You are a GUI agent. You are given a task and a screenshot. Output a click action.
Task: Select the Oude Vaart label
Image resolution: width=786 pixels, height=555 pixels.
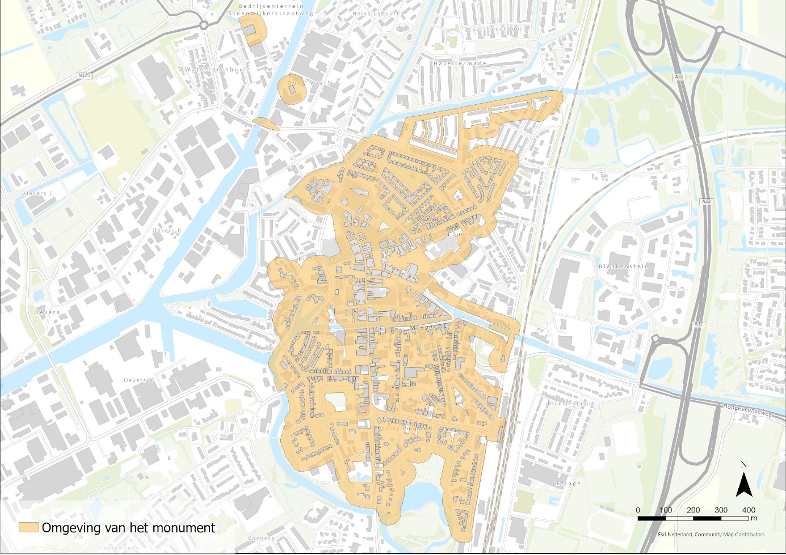308,83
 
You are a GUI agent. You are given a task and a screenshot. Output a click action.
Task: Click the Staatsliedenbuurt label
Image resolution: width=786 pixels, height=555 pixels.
495,28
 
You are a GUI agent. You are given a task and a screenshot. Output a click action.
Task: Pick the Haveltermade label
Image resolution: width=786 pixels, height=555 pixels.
460,63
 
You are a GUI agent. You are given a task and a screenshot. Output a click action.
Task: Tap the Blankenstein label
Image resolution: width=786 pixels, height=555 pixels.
623,266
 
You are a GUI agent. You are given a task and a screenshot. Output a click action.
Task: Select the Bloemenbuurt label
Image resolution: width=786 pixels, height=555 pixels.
571,404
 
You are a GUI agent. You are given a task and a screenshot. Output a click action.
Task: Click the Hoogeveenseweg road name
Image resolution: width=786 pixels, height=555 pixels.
747,410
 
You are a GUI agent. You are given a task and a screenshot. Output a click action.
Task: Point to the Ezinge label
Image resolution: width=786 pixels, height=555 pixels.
568,484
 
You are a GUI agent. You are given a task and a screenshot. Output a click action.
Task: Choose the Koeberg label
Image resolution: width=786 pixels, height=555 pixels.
261,538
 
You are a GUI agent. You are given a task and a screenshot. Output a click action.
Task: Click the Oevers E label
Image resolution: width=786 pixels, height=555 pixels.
38,193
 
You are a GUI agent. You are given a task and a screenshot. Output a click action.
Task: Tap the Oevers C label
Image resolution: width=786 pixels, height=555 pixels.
167,231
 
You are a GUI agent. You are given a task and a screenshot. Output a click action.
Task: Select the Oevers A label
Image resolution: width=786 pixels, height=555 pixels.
138,380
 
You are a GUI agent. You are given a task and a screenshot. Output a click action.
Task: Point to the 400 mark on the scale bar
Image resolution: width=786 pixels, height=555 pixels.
749,510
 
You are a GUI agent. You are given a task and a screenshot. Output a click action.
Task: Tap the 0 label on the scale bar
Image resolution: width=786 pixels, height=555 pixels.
638,510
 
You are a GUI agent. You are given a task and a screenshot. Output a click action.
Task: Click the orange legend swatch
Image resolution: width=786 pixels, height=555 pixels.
28,528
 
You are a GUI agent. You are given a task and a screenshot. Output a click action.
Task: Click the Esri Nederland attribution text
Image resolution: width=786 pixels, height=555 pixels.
711,535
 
